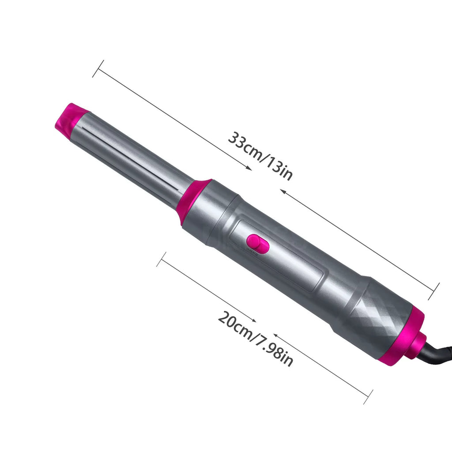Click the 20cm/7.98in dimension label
coord(255,338)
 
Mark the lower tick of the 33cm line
coord(434,291)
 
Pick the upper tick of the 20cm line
coord(162,260)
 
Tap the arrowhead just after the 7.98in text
coord(275,335)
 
